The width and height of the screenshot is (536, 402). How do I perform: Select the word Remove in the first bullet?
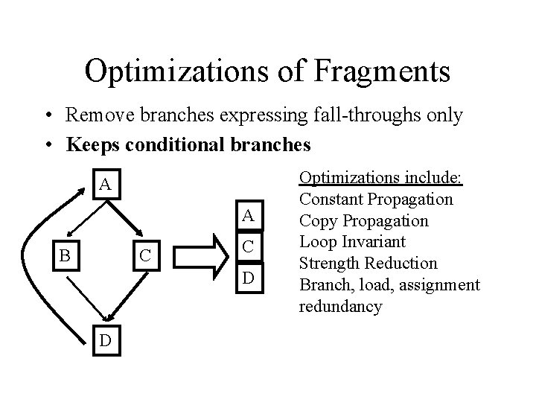coord(95,115)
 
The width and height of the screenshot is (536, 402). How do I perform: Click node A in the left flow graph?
coord(106,184)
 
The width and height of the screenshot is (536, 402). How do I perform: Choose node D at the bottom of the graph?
coord(106,339)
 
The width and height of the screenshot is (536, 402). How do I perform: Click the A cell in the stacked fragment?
coord(250,216)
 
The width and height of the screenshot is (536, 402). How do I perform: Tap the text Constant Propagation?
coord(376,200)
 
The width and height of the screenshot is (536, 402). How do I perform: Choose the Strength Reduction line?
coord(368,264)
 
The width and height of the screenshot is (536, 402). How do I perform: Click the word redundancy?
coord(340,306)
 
